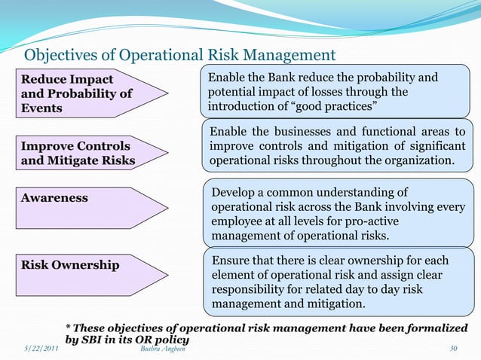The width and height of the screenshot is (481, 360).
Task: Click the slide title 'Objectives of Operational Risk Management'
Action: pos(180,55)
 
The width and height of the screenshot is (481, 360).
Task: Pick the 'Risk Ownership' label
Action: pos(69,264)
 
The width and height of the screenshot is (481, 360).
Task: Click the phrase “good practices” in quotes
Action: pos(312,107)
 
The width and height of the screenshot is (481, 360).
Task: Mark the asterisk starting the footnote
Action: pos(69,328)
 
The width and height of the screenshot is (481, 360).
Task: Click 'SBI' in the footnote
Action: pos(97,340)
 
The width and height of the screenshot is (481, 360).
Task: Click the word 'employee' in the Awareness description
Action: pos(239,222)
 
